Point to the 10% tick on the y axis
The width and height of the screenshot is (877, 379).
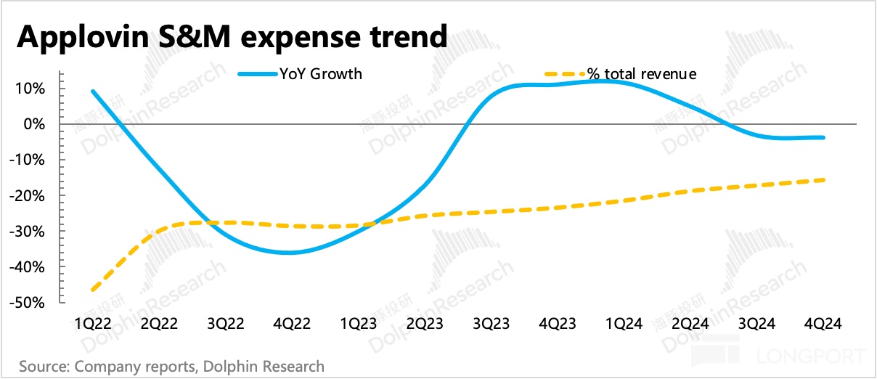point(31,89)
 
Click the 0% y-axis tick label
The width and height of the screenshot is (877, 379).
point(35,124)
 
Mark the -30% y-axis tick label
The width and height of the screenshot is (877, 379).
point(28,232)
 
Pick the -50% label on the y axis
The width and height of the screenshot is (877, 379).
point(28,303)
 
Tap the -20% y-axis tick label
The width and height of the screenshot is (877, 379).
point(28,196)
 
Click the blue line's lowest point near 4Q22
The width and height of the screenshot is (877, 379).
point(290,253)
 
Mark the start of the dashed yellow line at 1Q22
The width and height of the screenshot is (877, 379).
point(93,290)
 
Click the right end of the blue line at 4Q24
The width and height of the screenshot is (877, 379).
point(823,137)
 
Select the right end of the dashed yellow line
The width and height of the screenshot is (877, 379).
point(823,180)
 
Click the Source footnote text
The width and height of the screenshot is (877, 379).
point(172,366)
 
